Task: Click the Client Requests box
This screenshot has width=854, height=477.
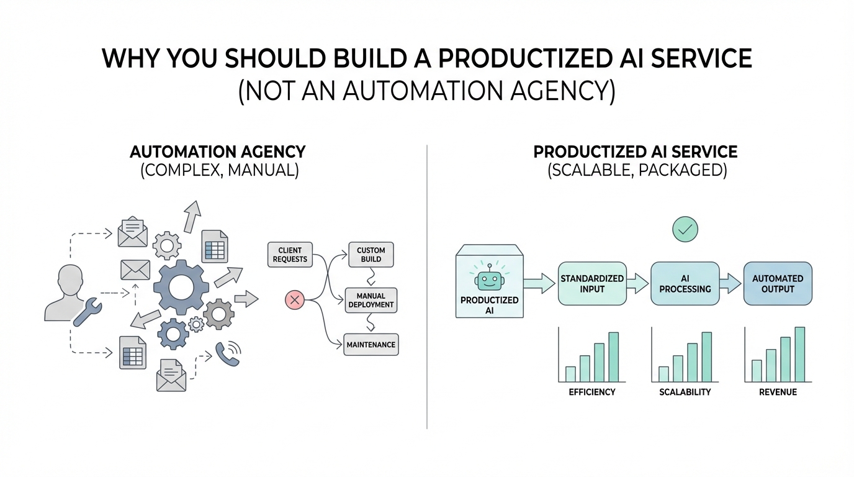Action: point(290,255)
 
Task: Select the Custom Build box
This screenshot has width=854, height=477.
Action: point(371,255)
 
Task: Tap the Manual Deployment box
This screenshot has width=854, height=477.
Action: point(371,301)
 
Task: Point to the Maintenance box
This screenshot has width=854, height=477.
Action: point(371,345)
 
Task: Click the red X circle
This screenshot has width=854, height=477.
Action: point(295,300)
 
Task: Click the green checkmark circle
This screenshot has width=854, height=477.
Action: point(685,229)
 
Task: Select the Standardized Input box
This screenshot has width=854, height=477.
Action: point(592,283)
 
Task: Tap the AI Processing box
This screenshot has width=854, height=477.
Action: point(685,283)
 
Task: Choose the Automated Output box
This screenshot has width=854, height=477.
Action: point(778,283)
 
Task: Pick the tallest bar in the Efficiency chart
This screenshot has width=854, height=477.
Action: point(613,357)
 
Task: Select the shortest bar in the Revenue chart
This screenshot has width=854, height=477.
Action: point(757,371)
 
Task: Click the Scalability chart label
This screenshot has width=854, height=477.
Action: point(685,393)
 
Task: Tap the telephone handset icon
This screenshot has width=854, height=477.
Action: point(227,354)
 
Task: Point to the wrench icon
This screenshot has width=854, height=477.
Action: point(88,311)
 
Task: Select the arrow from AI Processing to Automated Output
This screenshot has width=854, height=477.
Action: point(730,283)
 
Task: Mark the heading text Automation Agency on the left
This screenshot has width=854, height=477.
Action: point(218,152)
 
